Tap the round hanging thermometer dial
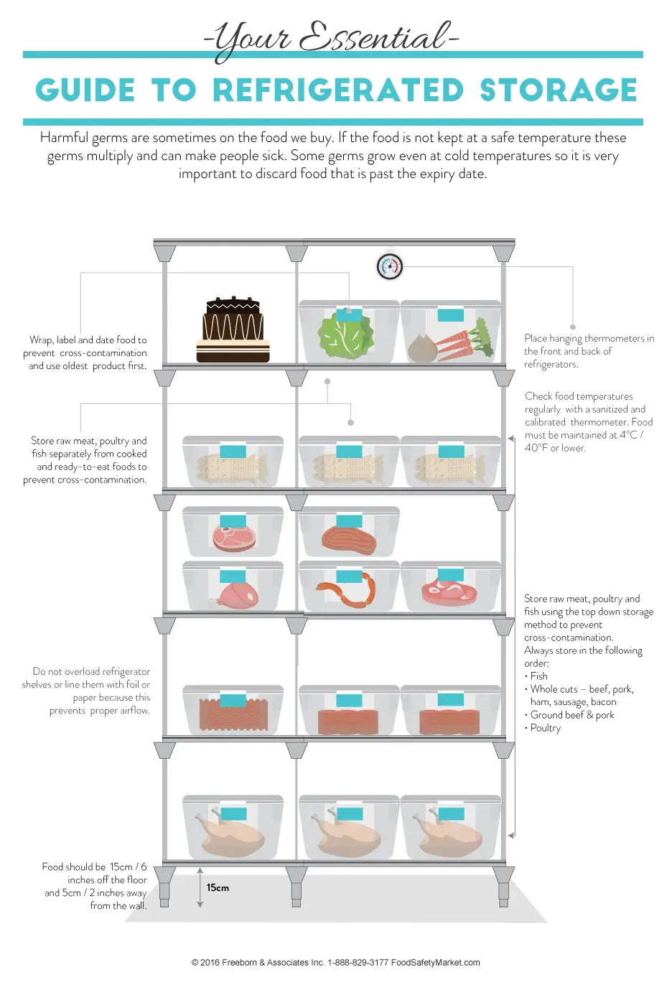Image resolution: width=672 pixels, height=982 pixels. tap(390, 266)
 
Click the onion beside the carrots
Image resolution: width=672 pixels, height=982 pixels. tap(423, 349)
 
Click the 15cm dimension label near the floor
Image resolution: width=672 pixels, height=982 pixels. tap(218, 888)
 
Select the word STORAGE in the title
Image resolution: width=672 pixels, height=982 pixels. tap(558, 90)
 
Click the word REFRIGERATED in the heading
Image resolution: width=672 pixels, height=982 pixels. tap(338, 90)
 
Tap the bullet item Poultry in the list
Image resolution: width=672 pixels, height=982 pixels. tap(546, 728)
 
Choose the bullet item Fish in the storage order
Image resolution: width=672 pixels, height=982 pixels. tap(538, 676)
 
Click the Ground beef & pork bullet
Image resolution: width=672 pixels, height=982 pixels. tap(572, 715)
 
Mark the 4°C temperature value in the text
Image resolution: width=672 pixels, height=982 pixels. tap(628, 435)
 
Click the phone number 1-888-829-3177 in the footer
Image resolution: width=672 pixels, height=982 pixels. tap(358, 963)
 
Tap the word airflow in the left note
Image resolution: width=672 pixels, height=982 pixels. tap(134, 711)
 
